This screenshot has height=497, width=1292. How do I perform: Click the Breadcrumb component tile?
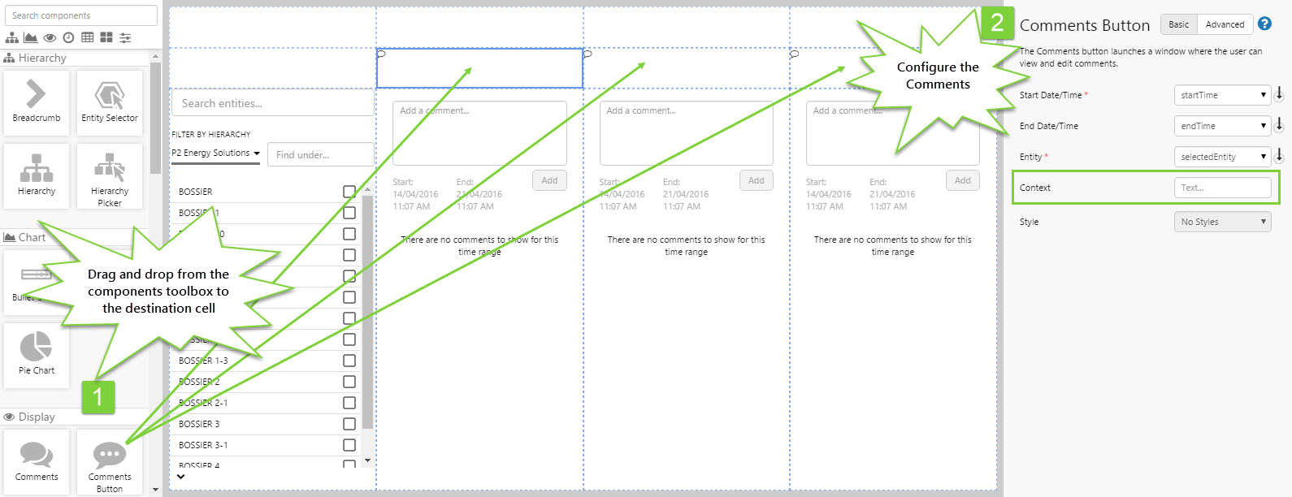(x=37, y=102)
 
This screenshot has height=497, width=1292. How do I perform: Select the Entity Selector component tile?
(x=110, y=102)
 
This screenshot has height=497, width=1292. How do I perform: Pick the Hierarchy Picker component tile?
(x=110, y=176)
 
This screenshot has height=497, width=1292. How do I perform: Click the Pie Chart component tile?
(x=37, y=354)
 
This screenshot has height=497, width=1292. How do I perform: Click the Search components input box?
(x=81, y=15)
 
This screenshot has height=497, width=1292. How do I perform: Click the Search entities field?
(x=272, y=103)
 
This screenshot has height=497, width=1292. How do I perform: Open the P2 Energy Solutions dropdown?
(x=215, y=153)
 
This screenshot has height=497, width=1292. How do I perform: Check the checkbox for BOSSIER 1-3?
(x=349, y=361)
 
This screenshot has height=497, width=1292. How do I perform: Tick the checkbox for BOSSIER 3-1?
(x=349, y=445)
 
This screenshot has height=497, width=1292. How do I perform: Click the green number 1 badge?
(x=98, y=397)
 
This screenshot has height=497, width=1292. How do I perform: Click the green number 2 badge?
(x=997, y=23)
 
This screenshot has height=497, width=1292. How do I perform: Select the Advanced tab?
(x=1225, y=24)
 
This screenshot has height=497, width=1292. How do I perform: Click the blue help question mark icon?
(x=1264, y=24)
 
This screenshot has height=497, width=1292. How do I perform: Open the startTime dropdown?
(x=1222, y=95)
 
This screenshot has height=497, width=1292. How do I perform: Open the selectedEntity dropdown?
(x=1222, y=157)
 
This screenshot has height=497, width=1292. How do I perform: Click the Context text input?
(x=1222, y=188)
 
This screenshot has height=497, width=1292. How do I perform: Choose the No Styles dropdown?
(x=1222, y=222)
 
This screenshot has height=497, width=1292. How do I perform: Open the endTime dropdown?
(x=1222, y=126)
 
